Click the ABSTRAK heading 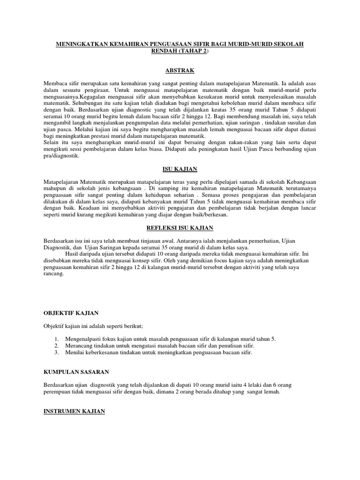pyautogui.click(x=180, y=70)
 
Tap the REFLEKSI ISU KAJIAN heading pyautogui.click(x=180, y=228)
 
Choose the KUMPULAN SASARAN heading pyautogui.click(x=76, y=372)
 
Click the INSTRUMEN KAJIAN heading pyautogui.click(x=74, y=411)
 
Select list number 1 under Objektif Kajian pyautogui.click(x=56, y=338)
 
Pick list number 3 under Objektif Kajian pyautogui.click(x=56, y=352)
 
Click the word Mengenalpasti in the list pyautogui.click(x=83, y=338)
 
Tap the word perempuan pyautogui.click(x=59, y=392)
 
